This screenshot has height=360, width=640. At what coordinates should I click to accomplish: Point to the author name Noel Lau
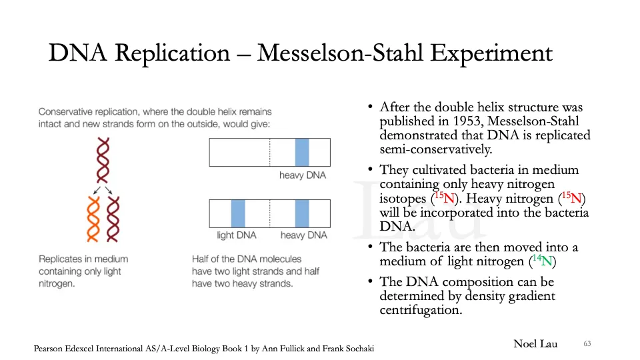(535, 344)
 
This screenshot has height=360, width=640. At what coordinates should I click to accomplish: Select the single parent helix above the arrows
(103, 161)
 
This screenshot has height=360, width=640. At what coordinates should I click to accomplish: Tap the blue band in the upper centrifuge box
(302, 152)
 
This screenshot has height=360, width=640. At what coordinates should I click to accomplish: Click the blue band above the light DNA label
(238, 213)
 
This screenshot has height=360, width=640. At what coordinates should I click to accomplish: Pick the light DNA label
(237, 235)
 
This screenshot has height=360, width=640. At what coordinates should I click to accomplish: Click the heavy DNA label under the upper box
(303, 175)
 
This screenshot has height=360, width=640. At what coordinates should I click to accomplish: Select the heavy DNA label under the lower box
(303, 235)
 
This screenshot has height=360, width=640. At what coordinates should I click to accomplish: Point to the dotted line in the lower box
(269, 213)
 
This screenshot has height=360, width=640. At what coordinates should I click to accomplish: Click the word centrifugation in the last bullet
(421, 310)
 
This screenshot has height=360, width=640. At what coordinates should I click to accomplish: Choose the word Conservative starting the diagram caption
(67, 111)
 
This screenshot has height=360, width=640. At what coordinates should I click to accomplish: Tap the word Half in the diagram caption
(201, 259)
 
